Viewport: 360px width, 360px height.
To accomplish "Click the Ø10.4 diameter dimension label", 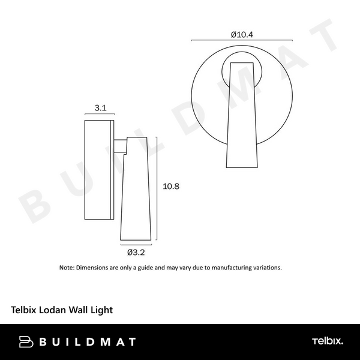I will click(x=242, y=34).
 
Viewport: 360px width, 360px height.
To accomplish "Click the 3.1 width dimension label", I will click(x=100, y=109).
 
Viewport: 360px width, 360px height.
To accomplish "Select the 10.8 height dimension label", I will click(x=171, y=187).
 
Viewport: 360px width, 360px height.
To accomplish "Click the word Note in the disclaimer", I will click(x=66, y=268).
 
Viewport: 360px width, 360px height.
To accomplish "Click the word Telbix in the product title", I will click(x=25, y=311).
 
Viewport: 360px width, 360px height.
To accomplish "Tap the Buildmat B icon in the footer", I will click(x=26, y=342).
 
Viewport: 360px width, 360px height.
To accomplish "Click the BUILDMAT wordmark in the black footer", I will click(x=87, y=342).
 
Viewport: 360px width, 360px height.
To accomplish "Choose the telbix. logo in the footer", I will click(x=328, y=342).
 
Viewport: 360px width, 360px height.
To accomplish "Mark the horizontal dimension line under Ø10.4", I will click(x=242, y=41).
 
